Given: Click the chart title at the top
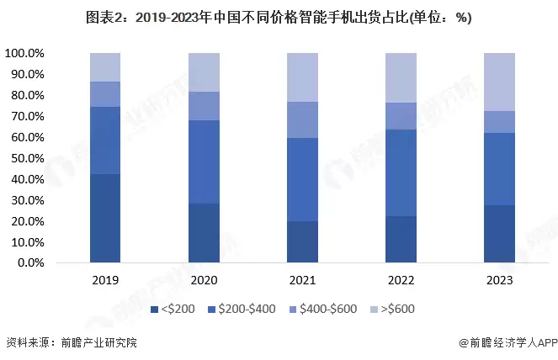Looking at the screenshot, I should tap(279, 18).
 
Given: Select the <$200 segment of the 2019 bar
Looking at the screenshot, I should tap(105, 219).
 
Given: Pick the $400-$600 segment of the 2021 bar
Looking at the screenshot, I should tap(302, 119).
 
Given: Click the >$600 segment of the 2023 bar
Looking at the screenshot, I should tap(500, 82).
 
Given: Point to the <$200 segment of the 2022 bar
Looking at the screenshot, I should tap(401, 240).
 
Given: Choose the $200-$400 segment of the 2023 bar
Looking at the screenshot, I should tap(500, 168).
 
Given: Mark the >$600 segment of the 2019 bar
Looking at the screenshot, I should tap(105, 67).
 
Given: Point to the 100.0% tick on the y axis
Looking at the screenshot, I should tap(25, 53).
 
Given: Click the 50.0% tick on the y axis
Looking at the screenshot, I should tap(28, 158).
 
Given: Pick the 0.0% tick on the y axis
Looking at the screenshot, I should tap(30, 263).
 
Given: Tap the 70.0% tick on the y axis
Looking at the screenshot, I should tap(28, 116).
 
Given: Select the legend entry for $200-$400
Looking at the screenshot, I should tap(244, 309).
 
